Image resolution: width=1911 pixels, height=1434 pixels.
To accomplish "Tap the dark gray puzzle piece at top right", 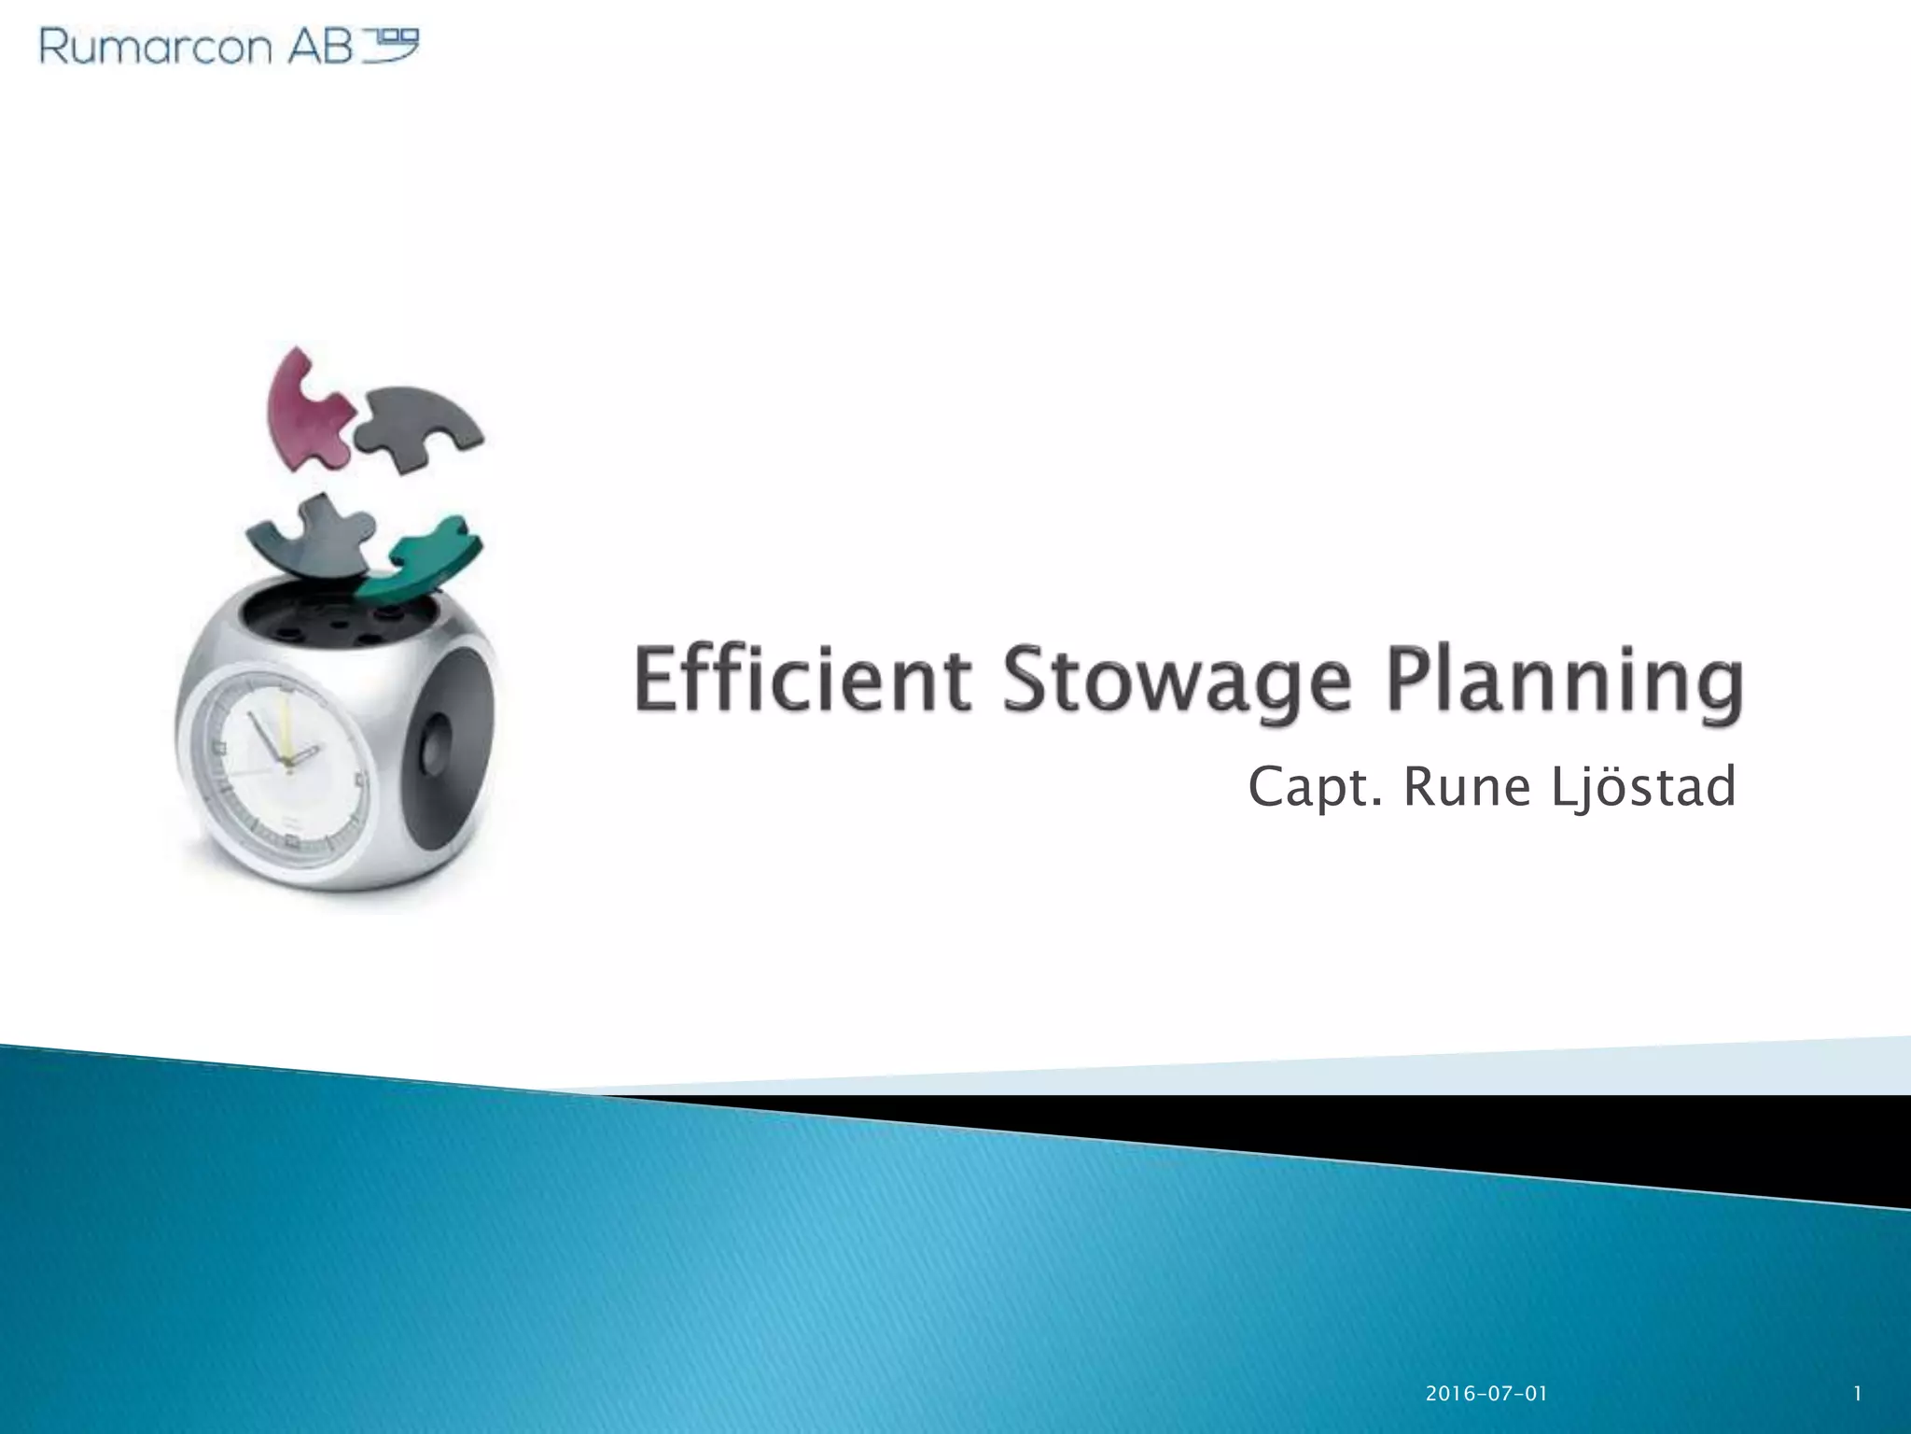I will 420,425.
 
